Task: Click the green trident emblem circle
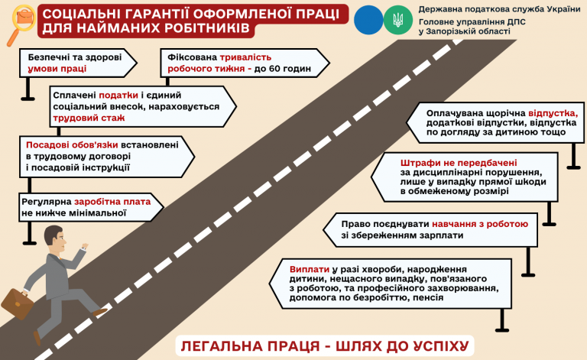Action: point(398,20)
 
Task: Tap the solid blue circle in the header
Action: point(368,20)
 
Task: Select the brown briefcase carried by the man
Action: point(18,303)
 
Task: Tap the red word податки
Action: point(118,96)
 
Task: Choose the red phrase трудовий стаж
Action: point(89,118)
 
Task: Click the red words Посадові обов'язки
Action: point(72,145)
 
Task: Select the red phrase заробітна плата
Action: point(112,202)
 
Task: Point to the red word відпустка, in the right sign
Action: point(553,114)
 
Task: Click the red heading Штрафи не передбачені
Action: point(459,163)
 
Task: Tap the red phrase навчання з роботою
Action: point(480,224)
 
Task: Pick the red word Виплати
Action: point(310,270)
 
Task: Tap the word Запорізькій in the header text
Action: point(449,32)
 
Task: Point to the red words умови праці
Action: point(57,69)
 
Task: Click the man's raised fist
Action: point(85,246)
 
